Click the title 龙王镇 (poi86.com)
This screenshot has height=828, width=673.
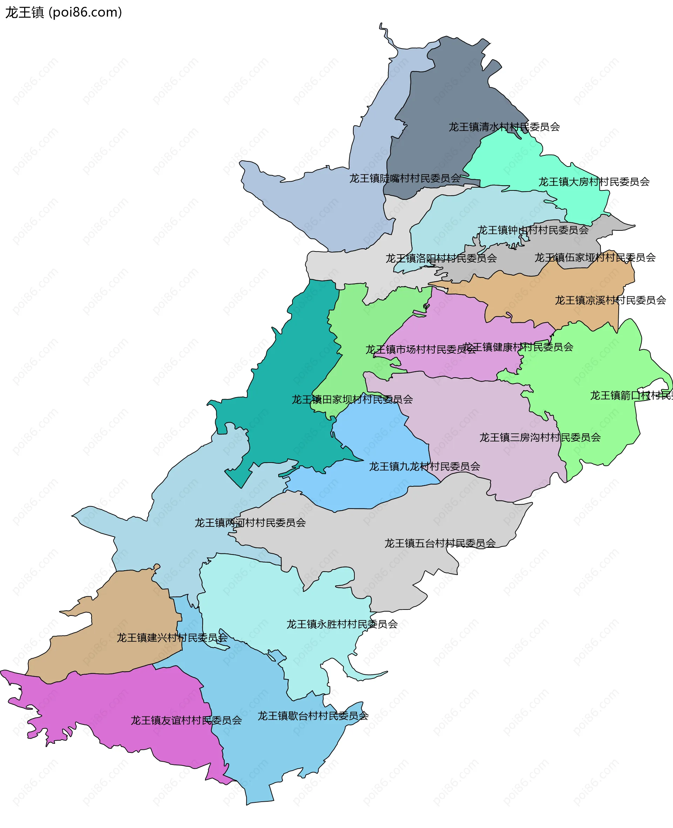63,12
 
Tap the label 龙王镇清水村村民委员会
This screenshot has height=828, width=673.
504,127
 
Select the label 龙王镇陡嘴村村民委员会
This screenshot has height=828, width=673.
405,179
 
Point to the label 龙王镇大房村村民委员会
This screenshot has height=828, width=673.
594,182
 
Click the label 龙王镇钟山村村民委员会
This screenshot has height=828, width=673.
533,230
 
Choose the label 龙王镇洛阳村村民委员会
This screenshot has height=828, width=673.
441,258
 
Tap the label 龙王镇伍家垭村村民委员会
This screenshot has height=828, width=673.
595,257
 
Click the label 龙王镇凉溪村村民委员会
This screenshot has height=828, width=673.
611,300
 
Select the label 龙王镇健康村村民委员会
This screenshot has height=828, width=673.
519,347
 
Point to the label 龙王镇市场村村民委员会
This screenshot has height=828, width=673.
421,350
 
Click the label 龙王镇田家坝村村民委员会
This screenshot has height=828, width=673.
352,399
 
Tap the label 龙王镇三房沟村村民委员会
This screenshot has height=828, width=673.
540,437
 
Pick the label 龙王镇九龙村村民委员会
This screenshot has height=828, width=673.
424,466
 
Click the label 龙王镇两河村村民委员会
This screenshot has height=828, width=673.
250,523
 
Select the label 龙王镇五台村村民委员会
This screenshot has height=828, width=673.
440,543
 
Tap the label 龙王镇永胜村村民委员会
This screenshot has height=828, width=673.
342,624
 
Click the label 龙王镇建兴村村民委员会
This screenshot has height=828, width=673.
172,638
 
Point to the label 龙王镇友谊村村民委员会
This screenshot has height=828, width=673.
186,720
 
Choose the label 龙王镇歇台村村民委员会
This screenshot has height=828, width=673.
313,715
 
